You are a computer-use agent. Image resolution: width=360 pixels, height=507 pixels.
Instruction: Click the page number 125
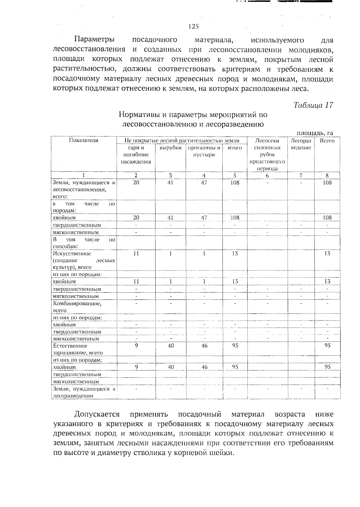(193, 26)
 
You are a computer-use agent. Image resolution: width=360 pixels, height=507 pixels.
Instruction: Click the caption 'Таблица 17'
(313, 105)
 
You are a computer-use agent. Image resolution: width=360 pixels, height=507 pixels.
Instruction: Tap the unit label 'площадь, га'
(315, 133)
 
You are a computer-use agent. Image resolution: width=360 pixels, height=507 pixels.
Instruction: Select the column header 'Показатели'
(84, 140)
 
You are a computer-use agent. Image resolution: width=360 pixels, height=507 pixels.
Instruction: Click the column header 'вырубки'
(170, 148)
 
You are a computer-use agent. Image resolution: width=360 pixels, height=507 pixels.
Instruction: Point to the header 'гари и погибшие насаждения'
(136, 155)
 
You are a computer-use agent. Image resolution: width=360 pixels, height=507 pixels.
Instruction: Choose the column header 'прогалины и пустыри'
(204, 151)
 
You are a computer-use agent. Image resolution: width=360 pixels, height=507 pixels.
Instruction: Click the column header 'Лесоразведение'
(301, 144)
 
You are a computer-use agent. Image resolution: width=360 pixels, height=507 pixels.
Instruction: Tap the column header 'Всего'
(327, 141)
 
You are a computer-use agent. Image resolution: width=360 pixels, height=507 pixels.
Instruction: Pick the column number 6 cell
(267, 176)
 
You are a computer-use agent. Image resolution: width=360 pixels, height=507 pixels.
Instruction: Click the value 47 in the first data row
(204, 183)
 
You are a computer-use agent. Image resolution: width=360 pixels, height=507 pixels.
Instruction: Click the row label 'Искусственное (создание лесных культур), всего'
(84, 260)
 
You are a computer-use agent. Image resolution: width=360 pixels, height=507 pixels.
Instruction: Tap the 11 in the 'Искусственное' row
(136, 253)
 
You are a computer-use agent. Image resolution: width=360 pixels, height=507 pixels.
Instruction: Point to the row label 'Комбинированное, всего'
(77, 307)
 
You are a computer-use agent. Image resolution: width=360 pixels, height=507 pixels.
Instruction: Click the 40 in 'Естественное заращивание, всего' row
(171, 345)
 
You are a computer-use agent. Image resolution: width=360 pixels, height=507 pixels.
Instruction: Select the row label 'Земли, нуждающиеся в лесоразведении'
(84, 392)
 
